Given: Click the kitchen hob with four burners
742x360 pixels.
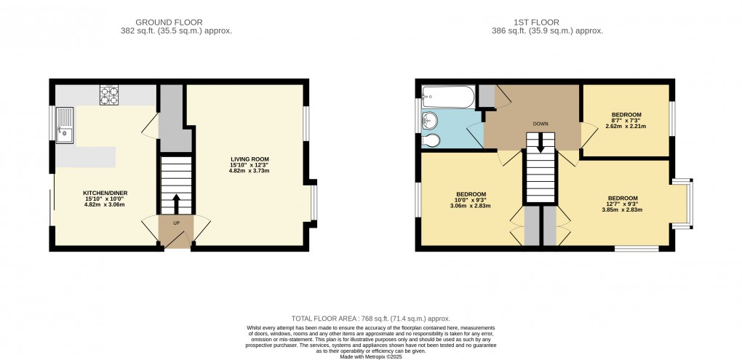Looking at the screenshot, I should coord(109,96).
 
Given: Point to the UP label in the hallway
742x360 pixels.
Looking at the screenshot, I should coord(176,222).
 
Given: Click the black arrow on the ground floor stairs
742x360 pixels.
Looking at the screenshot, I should coord(176,201).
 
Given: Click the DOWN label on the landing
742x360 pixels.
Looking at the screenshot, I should coord(540,124).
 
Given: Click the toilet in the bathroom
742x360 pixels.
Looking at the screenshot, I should coord(430,140).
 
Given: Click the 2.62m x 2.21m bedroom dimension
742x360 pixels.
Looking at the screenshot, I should coord(626,126).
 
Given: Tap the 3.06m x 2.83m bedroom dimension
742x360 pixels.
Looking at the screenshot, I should coord(471,206).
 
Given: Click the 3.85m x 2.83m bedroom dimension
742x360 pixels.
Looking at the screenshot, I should coord(622,210).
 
